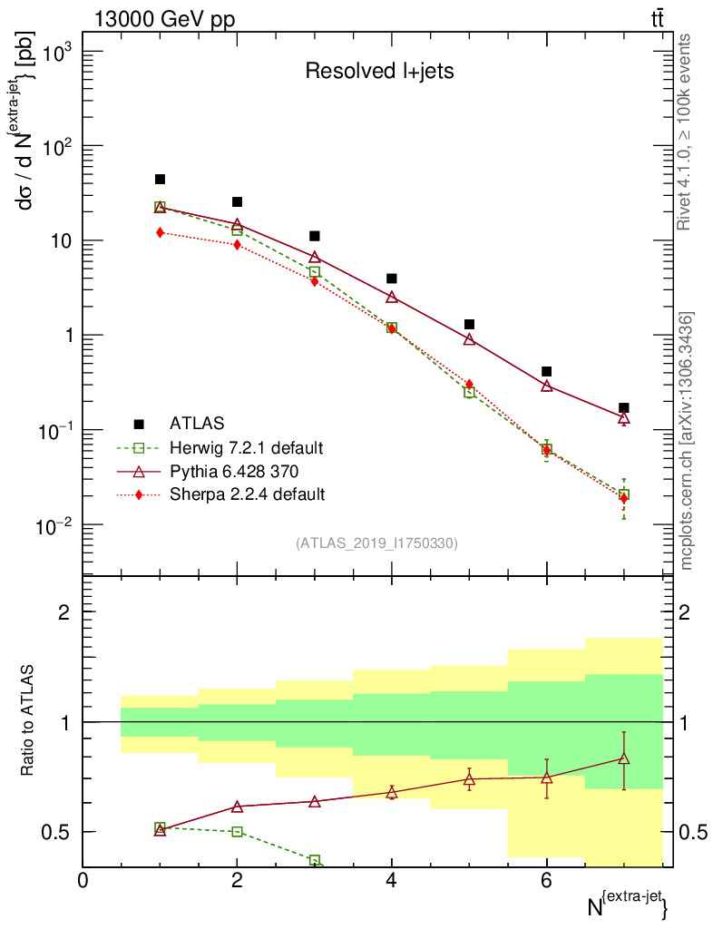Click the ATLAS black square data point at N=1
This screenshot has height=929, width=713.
161,180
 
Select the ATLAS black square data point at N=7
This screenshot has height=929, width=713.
623,408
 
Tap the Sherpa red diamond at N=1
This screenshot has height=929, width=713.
161,232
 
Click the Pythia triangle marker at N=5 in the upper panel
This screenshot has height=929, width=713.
469,339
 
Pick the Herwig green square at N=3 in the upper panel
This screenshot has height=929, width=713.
315,272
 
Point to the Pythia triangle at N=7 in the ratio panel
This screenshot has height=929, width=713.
623,758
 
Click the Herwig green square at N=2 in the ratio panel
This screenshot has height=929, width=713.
238,831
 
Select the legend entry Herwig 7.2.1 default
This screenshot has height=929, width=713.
247,447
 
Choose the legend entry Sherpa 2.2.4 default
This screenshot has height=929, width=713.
247,494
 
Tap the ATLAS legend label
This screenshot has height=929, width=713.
196,424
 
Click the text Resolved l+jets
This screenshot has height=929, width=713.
379,72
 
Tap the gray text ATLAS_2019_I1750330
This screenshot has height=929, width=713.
376,543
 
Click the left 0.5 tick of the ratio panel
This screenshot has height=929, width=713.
57,832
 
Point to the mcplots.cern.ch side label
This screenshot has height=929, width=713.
687,441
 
